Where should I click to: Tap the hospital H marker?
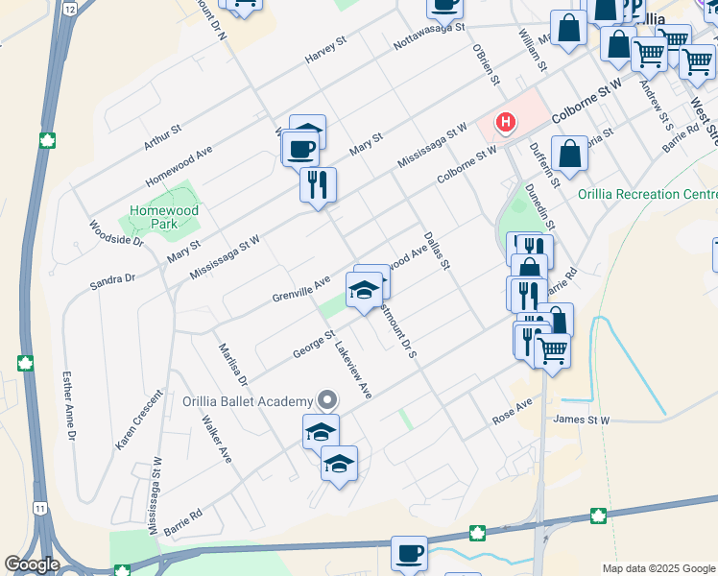pyautogui.click(x=505, y=123)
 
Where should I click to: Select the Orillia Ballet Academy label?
pyautogui.click(x=249, y=400)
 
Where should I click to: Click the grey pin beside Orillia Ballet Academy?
pyautogui.click(x=327, y=399)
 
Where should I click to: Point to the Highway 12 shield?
pyautogui.click(x=69, y=8)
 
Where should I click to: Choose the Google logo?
pyautogui.click(x=31, y=564)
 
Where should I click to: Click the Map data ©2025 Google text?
pyautogui.click(x=659, y=568)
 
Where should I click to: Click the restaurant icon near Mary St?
pyautogui.click(x=318, y=183)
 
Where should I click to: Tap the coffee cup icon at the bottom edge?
pyautogui.click(x=409, y=554)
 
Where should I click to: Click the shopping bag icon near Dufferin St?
pyautogui.click(x=569, y=154)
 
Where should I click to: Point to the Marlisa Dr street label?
pyautogui.click(x=233, y=365)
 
